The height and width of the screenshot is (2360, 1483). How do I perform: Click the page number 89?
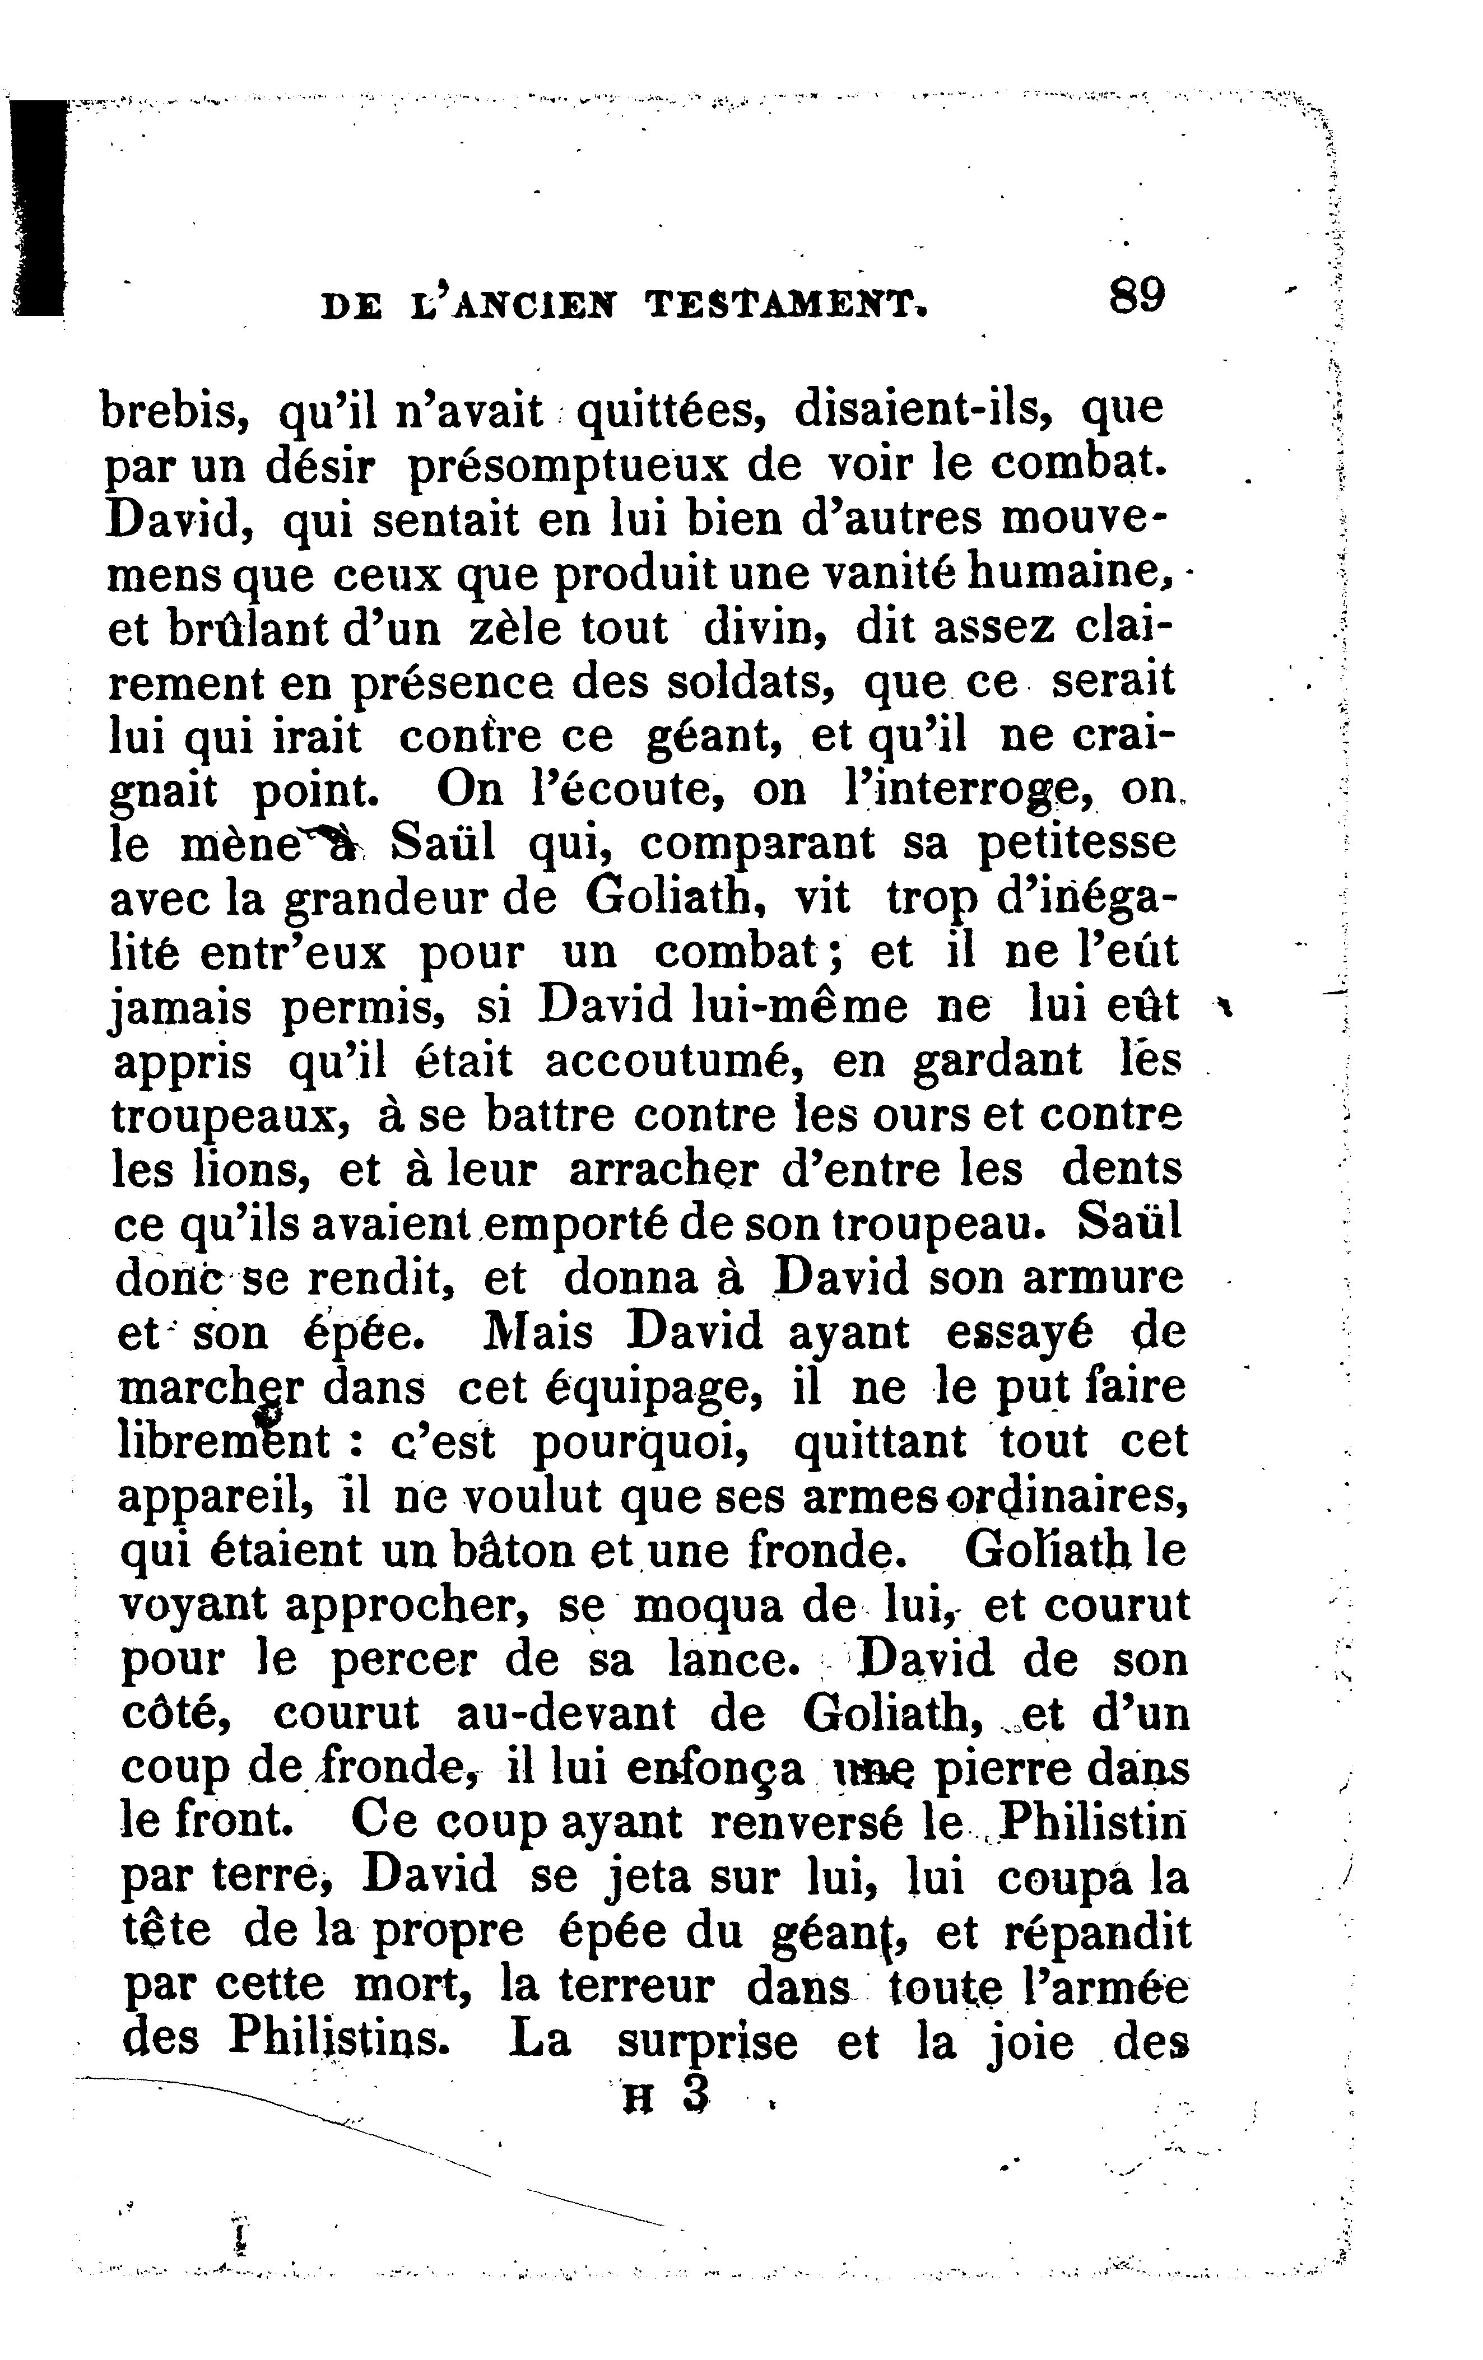(1137, 295)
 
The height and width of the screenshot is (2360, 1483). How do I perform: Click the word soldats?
(750, 682)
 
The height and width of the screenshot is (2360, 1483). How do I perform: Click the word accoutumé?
(667, 1060)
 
